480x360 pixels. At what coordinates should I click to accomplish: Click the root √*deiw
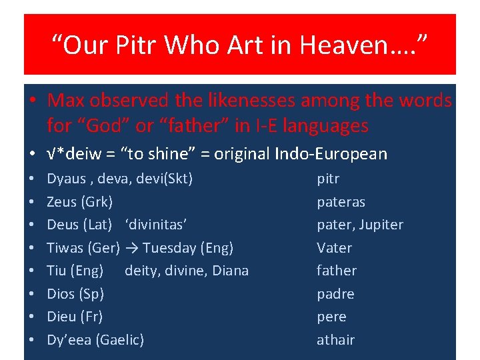point(73,154)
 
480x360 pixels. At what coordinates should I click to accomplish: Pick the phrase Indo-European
point(331,154)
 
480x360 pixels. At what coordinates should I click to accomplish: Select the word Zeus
point(61,201)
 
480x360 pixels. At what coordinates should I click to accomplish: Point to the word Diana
point(230,271)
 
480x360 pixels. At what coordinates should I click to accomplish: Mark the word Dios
point(61,294)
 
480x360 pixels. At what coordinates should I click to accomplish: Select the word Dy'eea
point(69,340)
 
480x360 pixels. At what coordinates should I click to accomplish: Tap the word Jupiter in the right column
point(381,225)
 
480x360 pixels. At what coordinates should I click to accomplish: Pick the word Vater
point(334,248)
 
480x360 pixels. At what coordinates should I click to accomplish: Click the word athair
point(335,340)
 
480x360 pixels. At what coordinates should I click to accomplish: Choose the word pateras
point(341,202)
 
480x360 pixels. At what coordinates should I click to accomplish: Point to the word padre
point(335,294)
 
